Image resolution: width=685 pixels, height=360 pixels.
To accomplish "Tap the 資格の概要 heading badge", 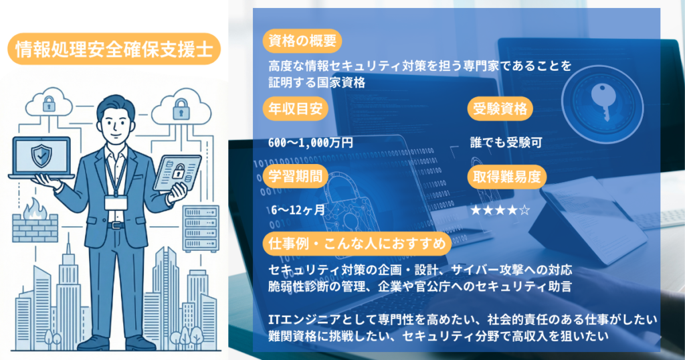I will click(x=300, y=41).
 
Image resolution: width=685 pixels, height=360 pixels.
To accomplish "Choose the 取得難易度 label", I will click(x=506, y=177).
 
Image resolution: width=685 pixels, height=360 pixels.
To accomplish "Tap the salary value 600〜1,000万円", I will click(x=310, y=142).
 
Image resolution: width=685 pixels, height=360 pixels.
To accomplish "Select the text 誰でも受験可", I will click(x=506, y=142).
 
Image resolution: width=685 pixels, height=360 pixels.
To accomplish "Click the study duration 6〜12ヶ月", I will click(x=298, y=209).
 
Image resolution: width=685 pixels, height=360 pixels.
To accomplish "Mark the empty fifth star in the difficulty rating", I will click(x=524, y=210).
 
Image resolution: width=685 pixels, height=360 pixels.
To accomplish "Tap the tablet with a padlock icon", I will click(x=178, y=172).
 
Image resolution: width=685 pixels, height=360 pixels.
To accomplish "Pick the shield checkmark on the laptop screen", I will click(x=40, y=156).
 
